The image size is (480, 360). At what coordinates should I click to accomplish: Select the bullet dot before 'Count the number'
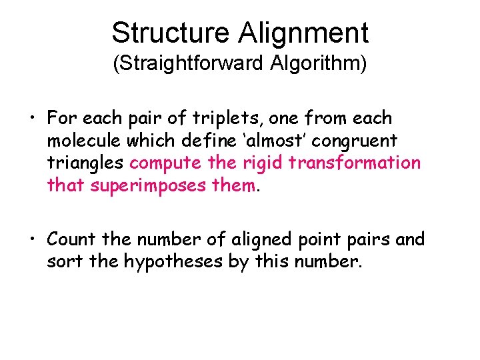33,239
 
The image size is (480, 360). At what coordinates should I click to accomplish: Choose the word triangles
86,163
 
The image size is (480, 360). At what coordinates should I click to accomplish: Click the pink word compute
166,163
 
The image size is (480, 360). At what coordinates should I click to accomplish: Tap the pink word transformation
361,163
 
